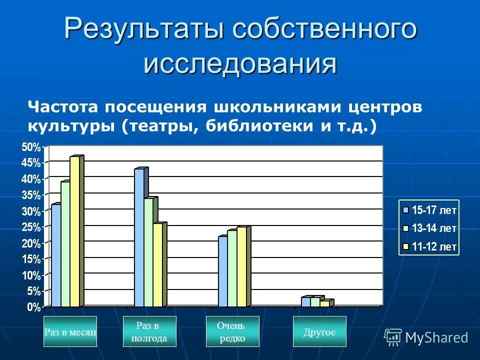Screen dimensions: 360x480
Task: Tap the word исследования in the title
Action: (x=240, y=63)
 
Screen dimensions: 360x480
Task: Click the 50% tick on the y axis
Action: (x=31, y=147)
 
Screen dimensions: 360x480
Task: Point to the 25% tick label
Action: (x=31, y=227)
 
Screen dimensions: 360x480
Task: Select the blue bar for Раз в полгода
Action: (x=139, y=237)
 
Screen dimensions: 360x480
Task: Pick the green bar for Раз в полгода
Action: (x=148, y=252)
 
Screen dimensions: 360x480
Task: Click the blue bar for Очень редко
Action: (x=223, y=271)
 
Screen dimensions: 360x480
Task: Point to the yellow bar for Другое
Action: (x=325, y=303)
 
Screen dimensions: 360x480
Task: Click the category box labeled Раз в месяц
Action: (x=70, y=331)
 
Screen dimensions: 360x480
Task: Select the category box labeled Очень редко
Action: (x=232, y=331)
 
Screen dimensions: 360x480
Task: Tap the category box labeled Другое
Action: (x=319, y=331)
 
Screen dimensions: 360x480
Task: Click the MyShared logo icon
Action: (x=393, y=337)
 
